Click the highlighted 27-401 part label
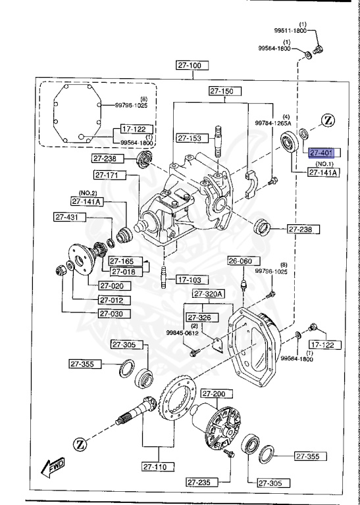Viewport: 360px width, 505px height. (x=323, y=153)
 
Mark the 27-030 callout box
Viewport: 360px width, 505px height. (x=115, y=313)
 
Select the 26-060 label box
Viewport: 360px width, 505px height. (x=240, y=261)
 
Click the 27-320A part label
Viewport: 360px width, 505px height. (x=209, y=293)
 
